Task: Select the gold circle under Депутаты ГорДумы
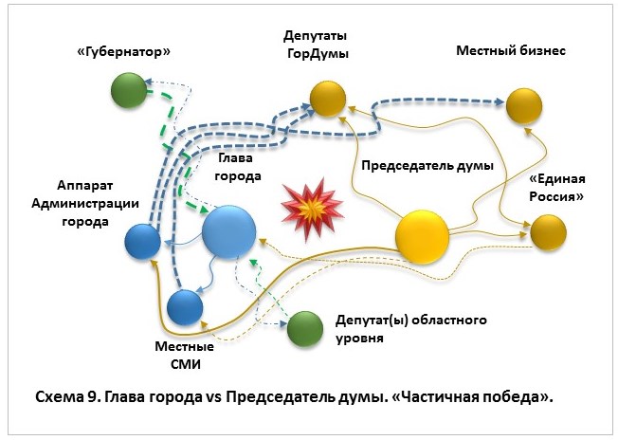point(325,97)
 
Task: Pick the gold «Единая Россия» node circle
point(548,231)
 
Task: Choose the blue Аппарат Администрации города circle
point(143,242)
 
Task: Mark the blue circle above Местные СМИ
point(185,307)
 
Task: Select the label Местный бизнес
point(511,50)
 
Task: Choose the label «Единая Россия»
point(555,188)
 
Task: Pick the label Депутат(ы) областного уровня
point(406,328)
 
